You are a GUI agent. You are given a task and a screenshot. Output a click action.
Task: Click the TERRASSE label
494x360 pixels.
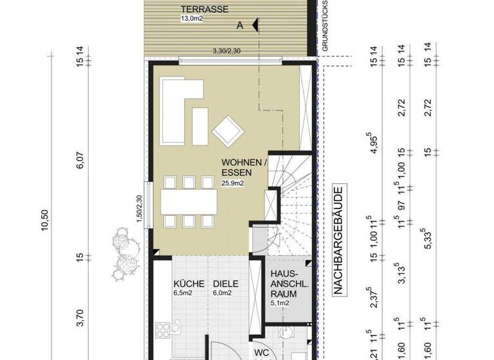203,9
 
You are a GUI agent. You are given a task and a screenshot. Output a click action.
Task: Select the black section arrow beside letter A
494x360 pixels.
255,25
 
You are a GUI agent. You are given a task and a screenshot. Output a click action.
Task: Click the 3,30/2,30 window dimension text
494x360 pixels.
227,51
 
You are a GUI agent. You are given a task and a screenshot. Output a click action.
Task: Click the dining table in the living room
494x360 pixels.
189,201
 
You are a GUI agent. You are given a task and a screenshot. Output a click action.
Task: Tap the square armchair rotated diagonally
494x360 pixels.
228,130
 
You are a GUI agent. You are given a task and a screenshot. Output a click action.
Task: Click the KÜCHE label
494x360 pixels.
189,283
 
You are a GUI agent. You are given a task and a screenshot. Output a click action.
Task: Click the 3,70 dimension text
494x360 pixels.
80,316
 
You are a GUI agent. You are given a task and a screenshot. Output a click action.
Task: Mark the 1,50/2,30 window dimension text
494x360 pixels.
138,209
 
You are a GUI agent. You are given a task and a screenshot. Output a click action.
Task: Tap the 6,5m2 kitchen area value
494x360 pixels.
183,293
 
